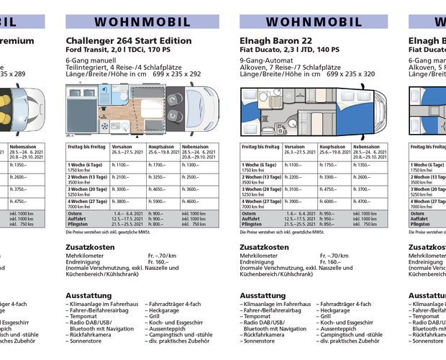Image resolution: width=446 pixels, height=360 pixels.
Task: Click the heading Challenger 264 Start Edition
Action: click(x=134, y=41)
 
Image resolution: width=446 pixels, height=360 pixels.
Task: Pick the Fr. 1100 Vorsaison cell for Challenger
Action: click(x=119, y=166)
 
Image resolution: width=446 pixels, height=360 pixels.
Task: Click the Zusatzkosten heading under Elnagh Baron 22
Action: click(x=264, y=247)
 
